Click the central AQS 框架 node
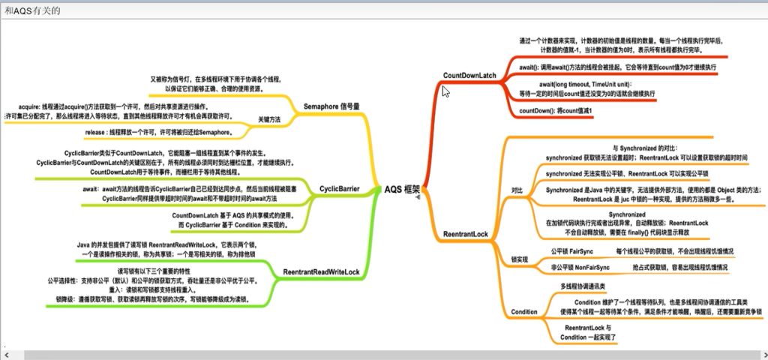[x=402, y=190]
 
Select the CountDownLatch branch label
[x=471, y=76]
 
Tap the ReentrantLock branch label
[x=465, y=234]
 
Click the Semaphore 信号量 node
[x=331, y=106]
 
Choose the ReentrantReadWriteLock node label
[x=322, y=271]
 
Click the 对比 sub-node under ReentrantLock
[x=517, y=190]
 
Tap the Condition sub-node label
[x=523, y=311]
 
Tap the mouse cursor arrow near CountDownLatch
[x=445, y=91]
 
